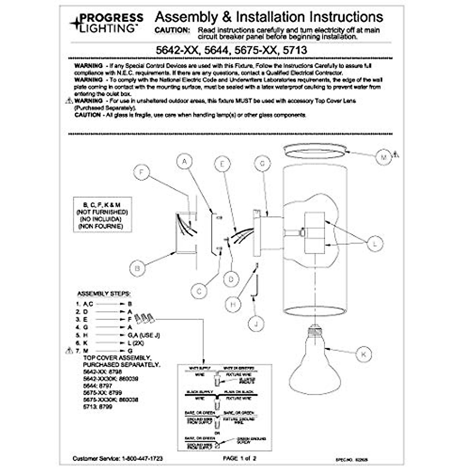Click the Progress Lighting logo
click(x=107, y=23)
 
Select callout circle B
click(x=137, y=268)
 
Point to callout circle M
click(x=383, y=157)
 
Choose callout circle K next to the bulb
click(x=363, y=354)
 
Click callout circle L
click(x=375, y=244)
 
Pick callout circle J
click(x=256, y=324)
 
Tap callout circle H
click(x=233, y=304)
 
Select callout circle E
click(x=222, y=164)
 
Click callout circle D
click(x=231, y=279)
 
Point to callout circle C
click(x=199, y=291)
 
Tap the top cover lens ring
click(x=315, y=151)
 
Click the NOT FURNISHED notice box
click(x=103, y=215)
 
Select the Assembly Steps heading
click(x=104, y=294)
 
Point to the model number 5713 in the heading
click(x=295, y=50)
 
